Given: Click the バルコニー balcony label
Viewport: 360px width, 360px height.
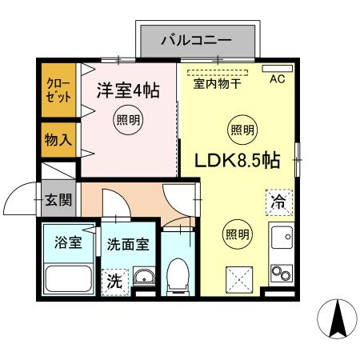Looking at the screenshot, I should click(x=196, y=38).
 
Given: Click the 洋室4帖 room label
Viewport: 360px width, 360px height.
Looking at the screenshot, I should click(x=129, y=90).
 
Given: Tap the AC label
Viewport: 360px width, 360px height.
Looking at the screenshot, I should click(x=277, y=79).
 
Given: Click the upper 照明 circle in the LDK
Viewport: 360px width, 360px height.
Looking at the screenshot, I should click(x=243, y=129).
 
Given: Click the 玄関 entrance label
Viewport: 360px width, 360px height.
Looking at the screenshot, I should click(x=58, y=199).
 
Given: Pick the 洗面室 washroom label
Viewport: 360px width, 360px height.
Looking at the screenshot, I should click(x=128, y=244).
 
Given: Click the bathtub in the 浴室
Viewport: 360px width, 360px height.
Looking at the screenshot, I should click(x=69, y=279).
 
